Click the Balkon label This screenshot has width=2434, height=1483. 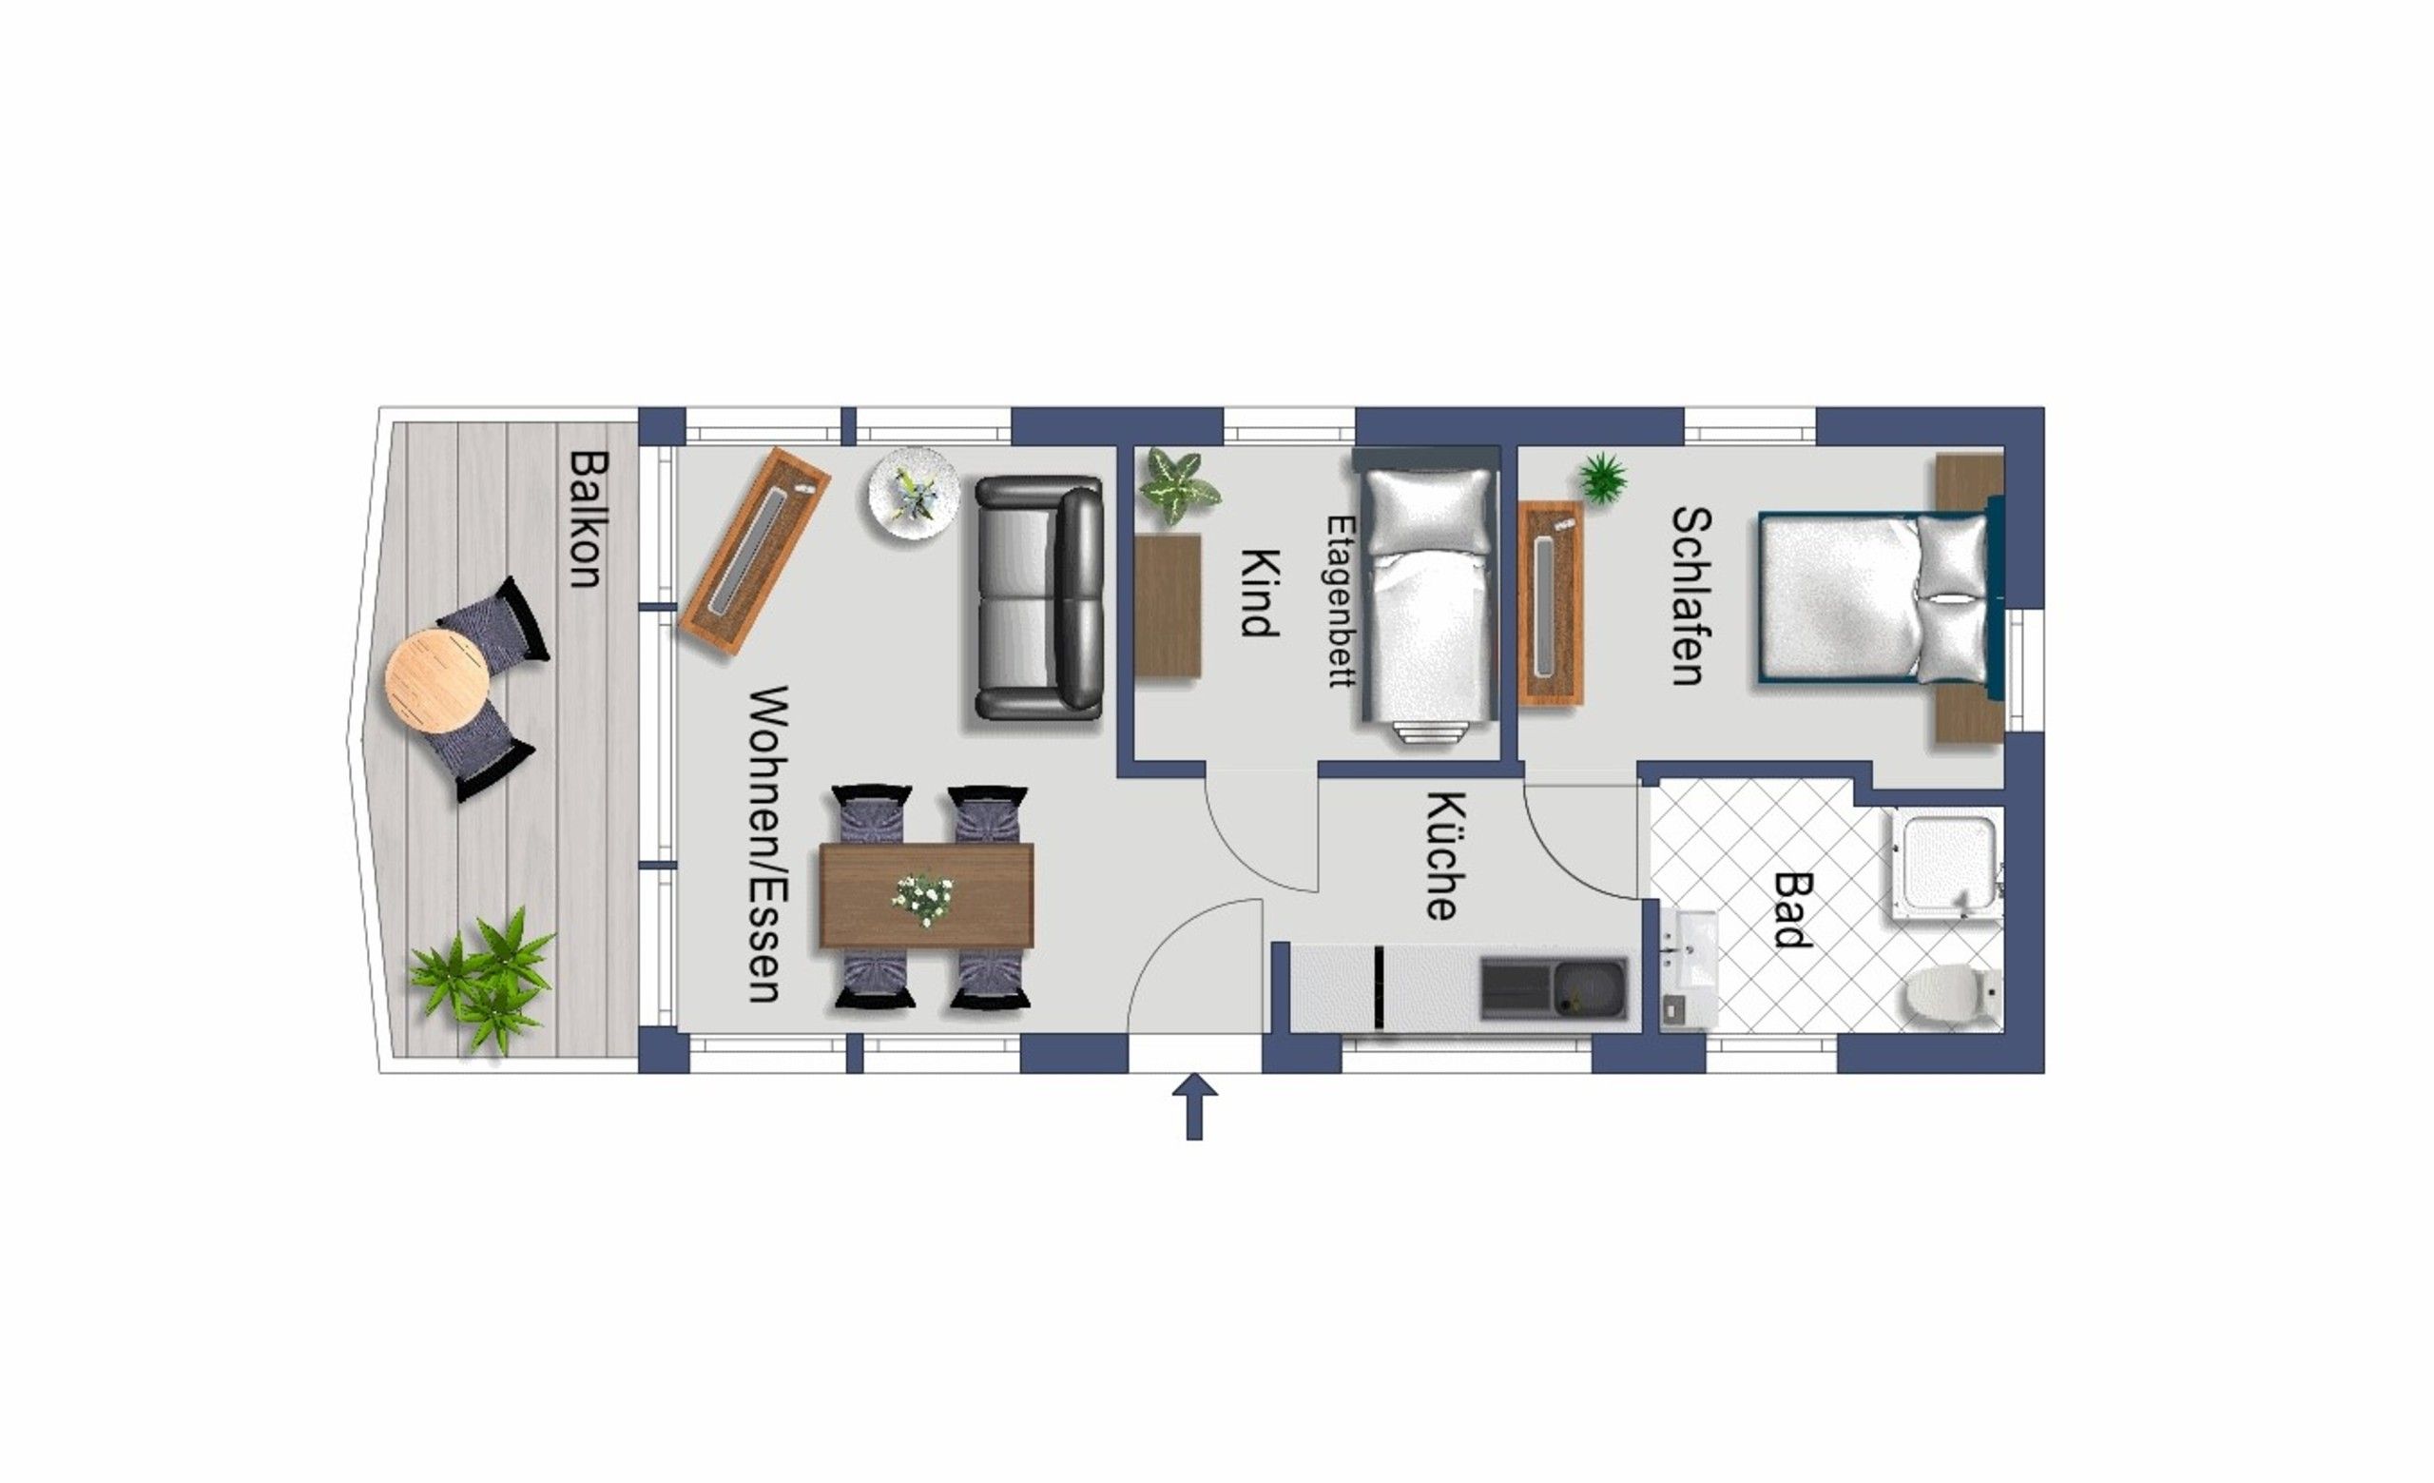(587, 518)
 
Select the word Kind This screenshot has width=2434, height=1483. (1260, 593)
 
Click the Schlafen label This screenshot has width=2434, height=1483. (1690, 595)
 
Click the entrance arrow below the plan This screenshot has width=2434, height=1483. (1194, 1106)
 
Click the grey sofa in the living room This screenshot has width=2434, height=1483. (1038, 598)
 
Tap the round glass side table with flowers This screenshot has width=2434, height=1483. (914, 493)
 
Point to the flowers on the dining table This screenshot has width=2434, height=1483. (924, 899)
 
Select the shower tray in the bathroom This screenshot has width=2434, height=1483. (1945, 865)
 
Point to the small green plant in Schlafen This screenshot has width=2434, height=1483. (1602, 478)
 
